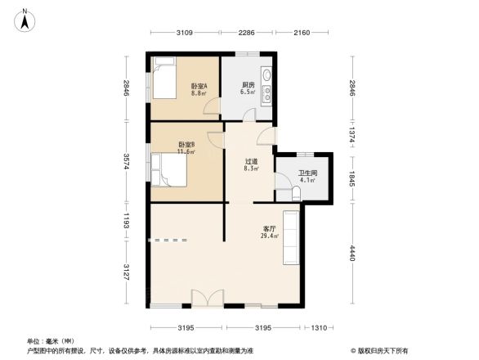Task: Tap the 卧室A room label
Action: click(199, 86)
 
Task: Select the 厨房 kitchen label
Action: click(246, 86)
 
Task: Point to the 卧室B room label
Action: click(186, 146)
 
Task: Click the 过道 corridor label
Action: click(253, 162)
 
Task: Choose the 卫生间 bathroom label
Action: click(307, 173)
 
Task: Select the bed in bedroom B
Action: click(172, 171)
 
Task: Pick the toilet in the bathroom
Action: click(296, 192)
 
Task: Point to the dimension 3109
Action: click(184, 33)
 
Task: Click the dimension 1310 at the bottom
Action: click(318, 328)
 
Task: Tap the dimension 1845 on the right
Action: click(352, 178)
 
